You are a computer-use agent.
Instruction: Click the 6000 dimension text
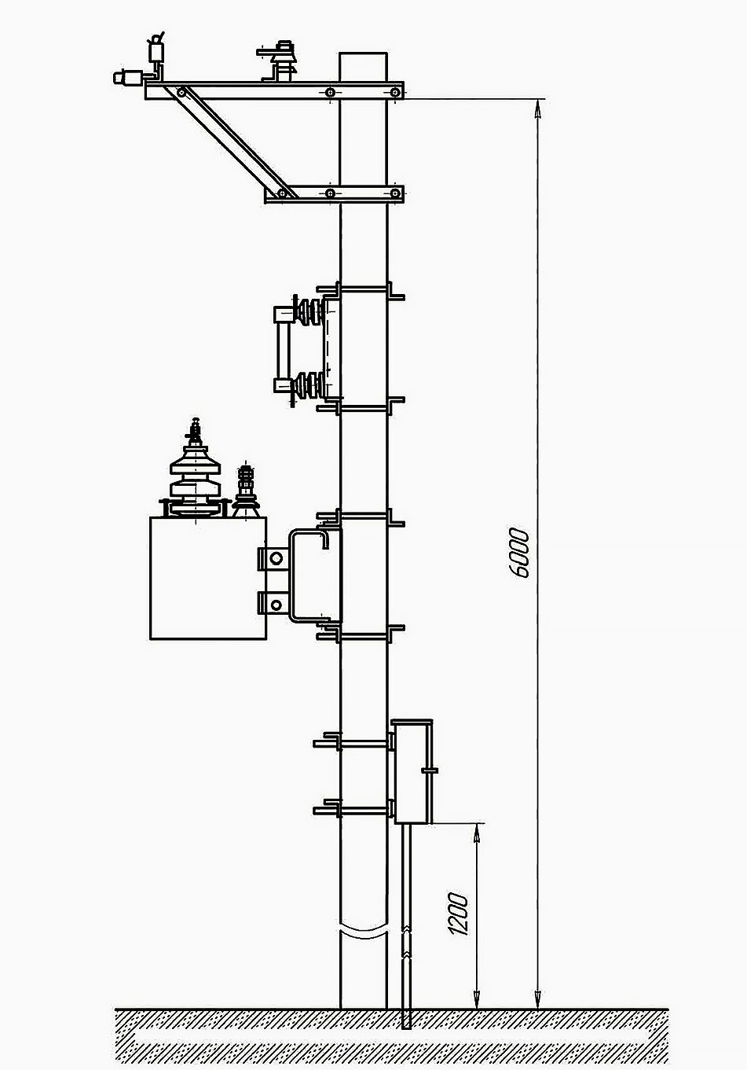click(x=520, y=553)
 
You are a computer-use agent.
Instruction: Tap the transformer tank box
click(x=208, y=578)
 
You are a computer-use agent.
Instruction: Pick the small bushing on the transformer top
click(x=246, y=491)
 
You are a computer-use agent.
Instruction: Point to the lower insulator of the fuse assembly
click(x=309, y=385)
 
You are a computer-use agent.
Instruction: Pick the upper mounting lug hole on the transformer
click(x=276, y=557)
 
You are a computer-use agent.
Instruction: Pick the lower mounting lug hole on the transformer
click(x=276, y=605)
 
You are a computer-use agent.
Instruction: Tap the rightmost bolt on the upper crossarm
click(x=395, y=92)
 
